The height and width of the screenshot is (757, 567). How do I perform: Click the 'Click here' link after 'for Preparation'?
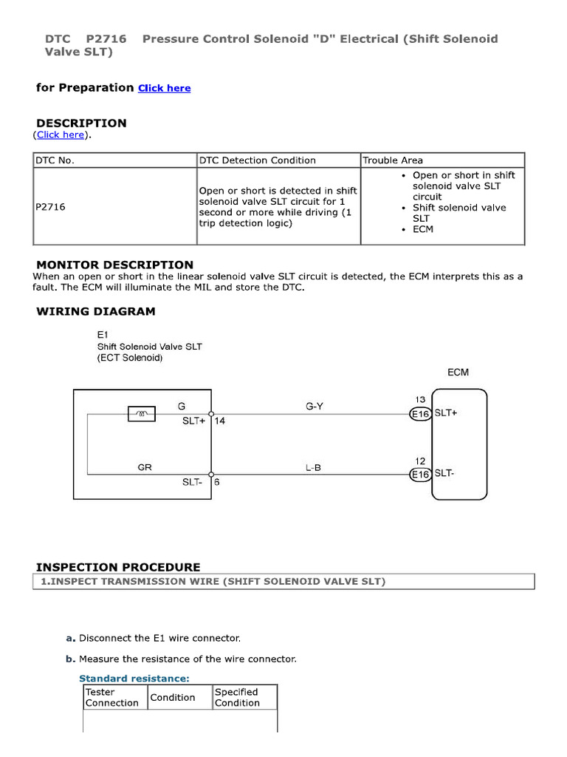[164, 88]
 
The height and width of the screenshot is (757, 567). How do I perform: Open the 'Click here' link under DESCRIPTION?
[61, 135]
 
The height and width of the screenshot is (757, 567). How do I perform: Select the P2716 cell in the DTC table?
[51, 207]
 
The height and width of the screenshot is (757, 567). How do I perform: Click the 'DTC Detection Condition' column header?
[257, 160]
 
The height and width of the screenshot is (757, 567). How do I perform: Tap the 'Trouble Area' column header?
[392, 160]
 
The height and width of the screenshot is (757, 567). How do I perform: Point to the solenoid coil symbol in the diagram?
[142, 414]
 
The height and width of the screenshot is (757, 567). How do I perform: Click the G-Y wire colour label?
[315, 405]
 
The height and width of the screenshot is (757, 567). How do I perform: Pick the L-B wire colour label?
[313, 467]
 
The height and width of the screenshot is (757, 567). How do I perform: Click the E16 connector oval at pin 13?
[420, 414]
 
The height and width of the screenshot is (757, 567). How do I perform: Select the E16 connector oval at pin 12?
[420, 475]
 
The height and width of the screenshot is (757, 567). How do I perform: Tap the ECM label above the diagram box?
[458, 372]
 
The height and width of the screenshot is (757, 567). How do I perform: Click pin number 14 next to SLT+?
[219, 421]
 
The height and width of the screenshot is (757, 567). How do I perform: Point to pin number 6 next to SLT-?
[217, 481]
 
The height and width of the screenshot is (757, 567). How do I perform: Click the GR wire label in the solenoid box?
[145, 467]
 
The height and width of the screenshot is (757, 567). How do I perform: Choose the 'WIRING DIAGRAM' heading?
[96, 311]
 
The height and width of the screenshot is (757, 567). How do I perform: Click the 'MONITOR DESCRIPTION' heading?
[114, 265]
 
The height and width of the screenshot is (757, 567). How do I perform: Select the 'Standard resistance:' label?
[134, 678]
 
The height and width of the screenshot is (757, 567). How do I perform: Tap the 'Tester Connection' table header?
[112, 697]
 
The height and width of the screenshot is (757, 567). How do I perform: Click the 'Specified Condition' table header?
[237, 697]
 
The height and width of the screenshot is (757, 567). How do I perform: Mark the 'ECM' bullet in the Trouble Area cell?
[423, 229]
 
